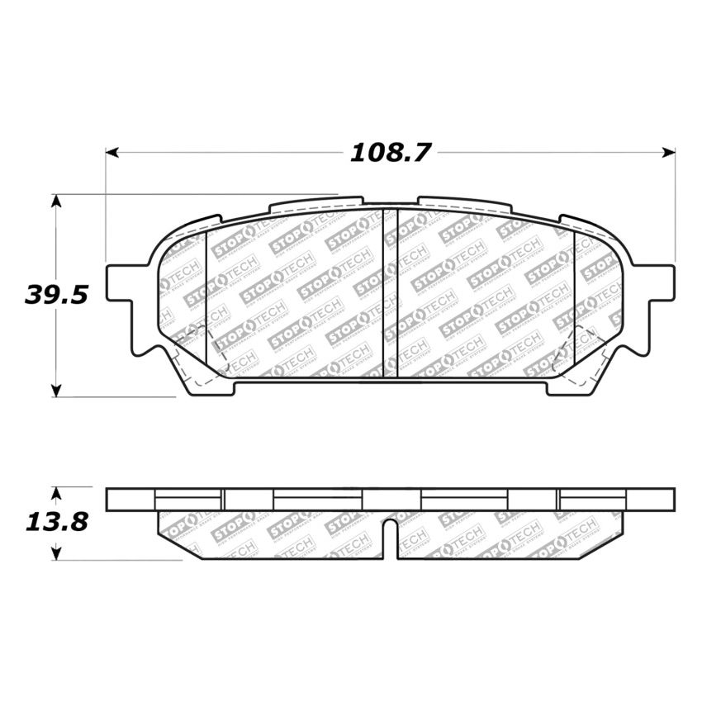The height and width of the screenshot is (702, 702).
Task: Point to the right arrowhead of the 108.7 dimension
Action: click(x=669, y=153)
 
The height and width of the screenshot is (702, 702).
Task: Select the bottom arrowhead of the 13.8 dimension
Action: click(x=55, y=554)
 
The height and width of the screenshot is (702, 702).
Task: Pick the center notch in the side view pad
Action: click(x=391, y=537)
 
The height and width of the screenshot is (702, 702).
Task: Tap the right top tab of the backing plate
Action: click(x=462, y=202)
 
